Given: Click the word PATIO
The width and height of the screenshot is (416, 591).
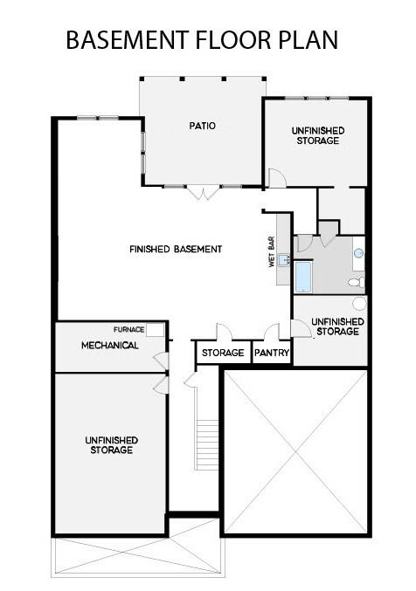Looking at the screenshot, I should coord(202,126).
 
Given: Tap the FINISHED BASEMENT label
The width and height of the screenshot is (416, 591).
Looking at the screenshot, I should coord(176,249).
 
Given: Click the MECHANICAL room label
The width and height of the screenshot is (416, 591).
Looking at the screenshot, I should coord(110,346).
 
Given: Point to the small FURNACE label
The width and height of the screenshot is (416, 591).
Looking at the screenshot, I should coord(128,329).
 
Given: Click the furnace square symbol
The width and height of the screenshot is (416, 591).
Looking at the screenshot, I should coord(155,330).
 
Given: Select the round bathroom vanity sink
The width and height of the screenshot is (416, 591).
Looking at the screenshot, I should coord(357,252).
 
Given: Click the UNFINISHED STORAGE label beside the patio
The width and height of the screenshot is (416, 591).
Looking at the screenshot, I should coord(317,134).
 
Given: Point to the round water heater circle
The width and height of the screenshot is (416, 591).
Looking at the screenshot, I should coord(359,304).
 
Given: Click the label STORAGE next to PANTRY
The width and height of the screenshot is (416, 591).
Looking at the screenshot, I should coord(222,354).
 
